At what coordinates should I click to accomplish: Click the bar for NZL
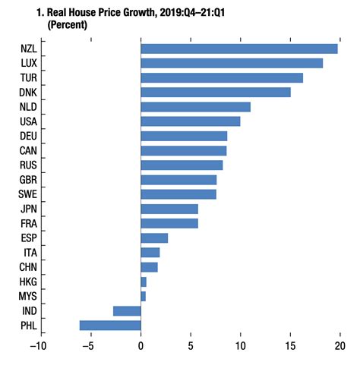click(239, 49)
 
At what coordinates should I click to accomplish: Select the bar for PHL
click(110, 326)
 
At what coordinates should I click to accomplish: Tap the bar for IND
click(127, 311)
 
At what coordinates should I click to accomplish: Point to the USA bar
click(191, 121)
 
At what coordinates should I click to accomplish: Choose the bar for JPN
click(169, 209)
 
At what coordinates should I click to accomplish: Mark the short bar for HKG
click(144, 282)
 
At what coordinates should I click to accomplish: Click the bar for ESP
click(154, 238)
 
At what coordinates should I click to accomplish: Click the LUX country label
click(30, 63)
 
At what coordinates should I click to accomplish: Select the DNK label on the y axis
click(30, 92)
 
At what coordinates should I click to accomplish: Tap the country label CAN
click(30, 150)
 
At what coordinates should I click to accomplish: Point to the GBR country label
click(30, 180)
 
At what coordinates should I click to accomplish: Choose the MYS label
click(30, 296)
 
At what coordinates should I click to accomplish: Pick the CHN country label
click(30, 267)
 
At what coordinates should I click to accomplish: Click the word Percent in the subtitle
click(68, 25)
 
